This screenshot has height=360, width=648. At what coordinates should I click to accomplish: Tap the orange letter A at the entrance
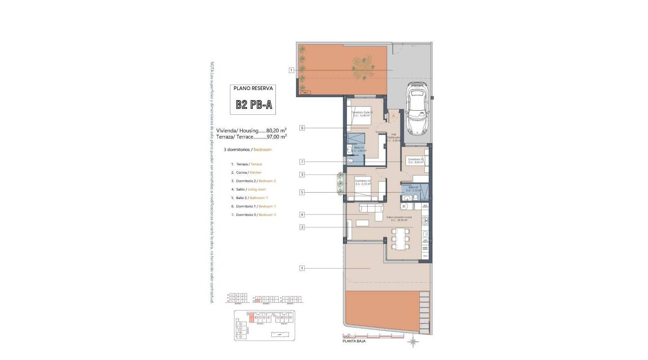pos(394,116)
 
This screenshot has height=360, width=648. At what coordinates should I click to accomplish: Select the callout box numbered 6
pos(302,128)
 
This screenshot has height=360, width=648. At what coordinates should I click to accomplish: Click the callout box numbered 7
pos(302,162)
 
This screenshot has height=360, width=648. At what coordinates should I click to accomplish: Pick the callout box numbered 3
pos(302,175)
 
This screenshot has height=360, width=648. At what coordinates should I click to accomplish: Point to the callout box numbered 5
pos(302,193)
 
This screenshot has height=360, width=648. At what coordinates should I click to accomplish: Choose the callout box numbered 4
pos(302,215)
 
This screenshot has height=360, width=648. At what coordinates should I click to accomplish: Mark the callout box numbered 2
pos(302,227)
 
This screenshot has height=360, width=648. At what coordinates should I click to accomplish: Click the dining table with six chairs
pos(400,237)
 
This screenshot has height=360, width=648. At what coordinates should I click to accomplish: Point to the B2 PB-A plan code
pos(253,105)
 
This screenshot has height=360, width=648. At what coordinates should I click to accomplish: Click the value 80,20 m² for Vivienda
pos(276,130)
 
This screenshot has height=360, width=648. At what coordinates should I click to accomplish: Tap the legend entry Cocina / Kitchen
pos(246,172)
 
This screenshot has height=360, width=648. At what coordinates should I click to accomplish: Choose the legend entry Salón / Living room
pos(248,189)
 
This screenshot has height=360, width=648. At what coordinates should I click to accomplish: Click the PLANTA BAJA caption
pos(354,342)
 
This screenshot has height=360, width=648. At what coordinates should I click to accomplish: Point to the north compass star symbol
pos(413,342)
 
